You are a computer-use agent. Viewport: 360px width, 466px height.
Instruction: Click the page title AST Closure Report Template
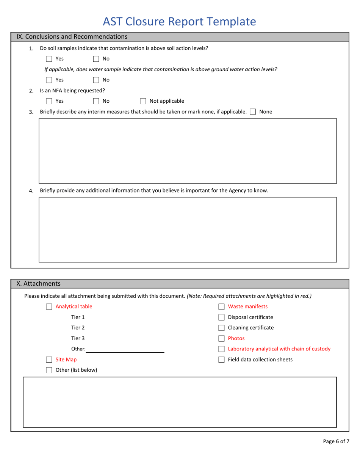click(x=180, y=22)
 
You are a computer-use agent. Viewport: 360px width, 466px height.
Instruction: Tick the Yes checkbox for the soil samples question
click(x=49, y=59)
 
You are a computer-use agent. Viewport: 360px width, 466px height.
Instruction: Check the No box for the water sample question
click(x=96, y=80)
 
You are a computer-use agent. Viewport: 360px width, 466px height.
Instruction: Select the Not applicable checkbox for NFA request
click(x=143, y=101)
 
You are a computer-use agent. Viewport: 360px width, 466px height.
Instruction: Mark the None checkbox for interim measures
click(x=253, y=112)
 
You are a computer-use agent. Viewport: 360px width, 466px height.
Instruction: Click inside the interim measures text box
click(x=188, y=151)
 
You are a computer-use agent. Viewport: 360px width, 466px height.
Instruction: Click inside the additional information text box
click(x=188, y=229)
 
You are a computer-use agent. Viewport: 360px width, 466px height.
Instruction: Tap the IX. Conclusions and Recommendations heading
click(x=72, y=37)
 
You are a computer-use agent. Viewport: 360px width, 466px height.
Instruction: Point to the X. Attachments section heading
click(x=38, y=283)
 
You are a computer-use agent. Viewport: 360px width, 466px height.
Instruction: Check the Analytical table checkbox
click(x=49, y=307)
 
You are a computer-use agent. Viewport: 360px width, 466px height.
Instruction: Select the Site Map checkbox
click(x=49, y=360)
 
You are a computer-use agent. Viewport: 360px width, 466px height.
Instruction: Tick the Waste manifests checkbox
click(x=222, y=307)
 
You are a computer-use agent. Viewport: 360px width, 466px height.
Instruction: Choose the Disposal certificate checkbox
click(x=222, y=317)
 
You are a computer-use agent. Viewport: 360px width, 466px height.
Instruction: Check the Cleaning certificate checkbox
click(x=222, y=328)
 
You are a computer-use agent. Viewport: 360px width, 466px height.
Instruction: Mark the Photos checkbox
click(x=222, y=339)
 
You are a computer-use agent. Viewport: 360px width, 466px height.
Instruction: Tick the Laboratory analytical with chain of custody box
click(x=222, y=349)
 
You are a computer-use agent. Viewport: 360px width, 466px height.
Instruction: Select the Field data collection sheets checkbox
click(x=222, y=360)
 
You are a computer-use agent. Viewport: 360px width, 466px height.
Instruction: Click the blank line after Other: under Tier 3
click(x=125, y=349)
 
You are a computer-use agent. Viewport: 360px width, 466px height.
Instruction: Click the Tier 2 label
click(x=78, y=328)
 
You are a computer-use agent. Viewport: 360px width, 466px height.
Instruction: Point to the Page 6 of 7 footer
click(x=336, y=441)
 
